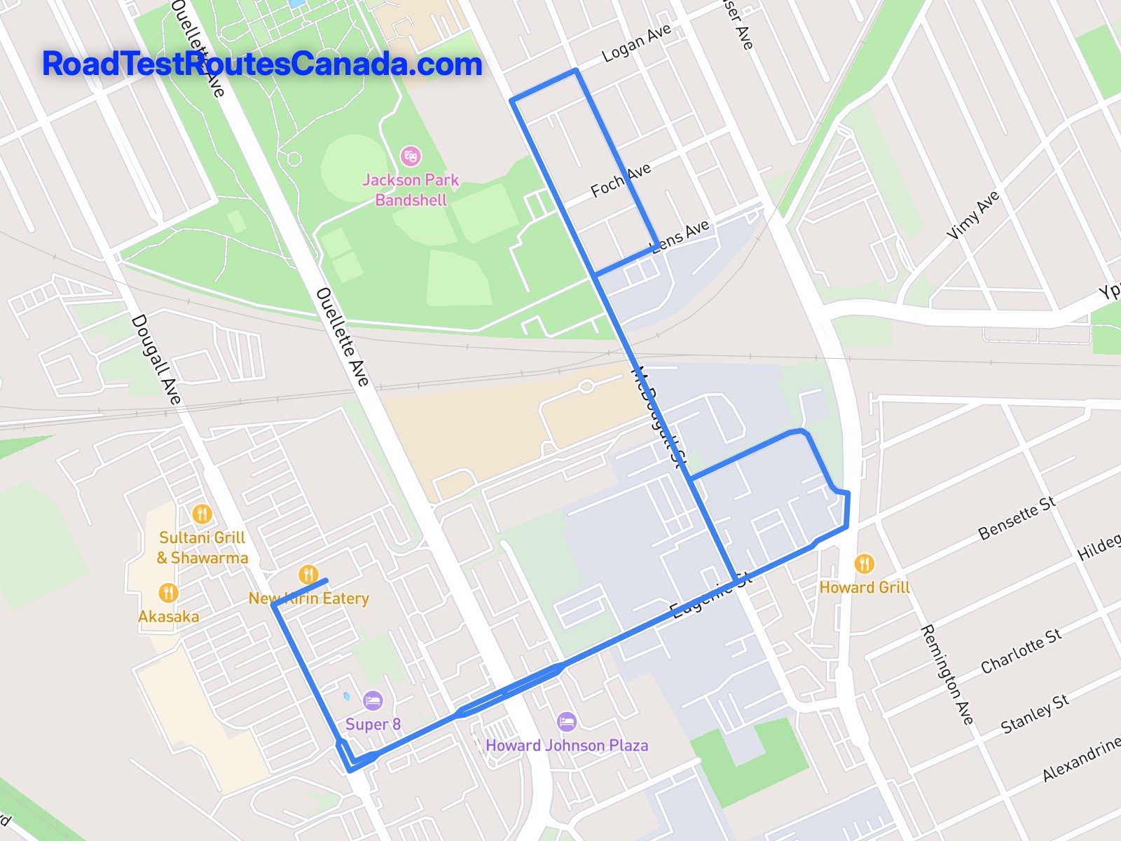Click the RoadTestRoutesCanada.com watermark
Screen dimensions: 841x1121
tap(262, 64)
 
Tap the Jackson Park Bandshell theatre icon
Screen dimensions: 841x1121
tap(410, 155)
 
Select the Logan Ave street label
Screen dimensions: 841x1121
tap(637, 43)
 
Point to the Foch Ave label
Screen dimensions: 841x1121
tap(621, 179)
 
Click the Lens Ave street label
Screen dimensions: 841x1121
tap(681, 235)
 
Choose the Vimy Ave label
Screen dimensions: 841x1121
tap(973, 216)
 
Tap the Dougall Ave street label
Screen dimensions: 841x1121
tap(156, 360)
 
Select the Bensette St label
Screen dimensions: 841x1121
tap(1017, 518)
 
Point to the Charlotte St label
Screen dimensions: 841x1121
tap(1021, 650)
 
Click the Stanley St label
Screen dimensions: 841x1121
tap(1035, 713)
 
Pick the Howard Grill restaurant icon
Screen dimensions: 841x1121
tap(865, 564)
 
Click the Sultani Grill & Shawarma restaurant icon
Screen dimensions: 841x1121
tap(202, 514)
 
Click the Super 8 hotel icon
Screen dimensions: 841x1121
tap(373, 700)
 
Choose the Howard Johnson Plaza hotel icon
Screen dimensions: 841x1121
tap(566, 721)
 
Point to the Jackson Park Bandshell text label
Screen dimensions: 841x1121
tap(411, 190)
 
